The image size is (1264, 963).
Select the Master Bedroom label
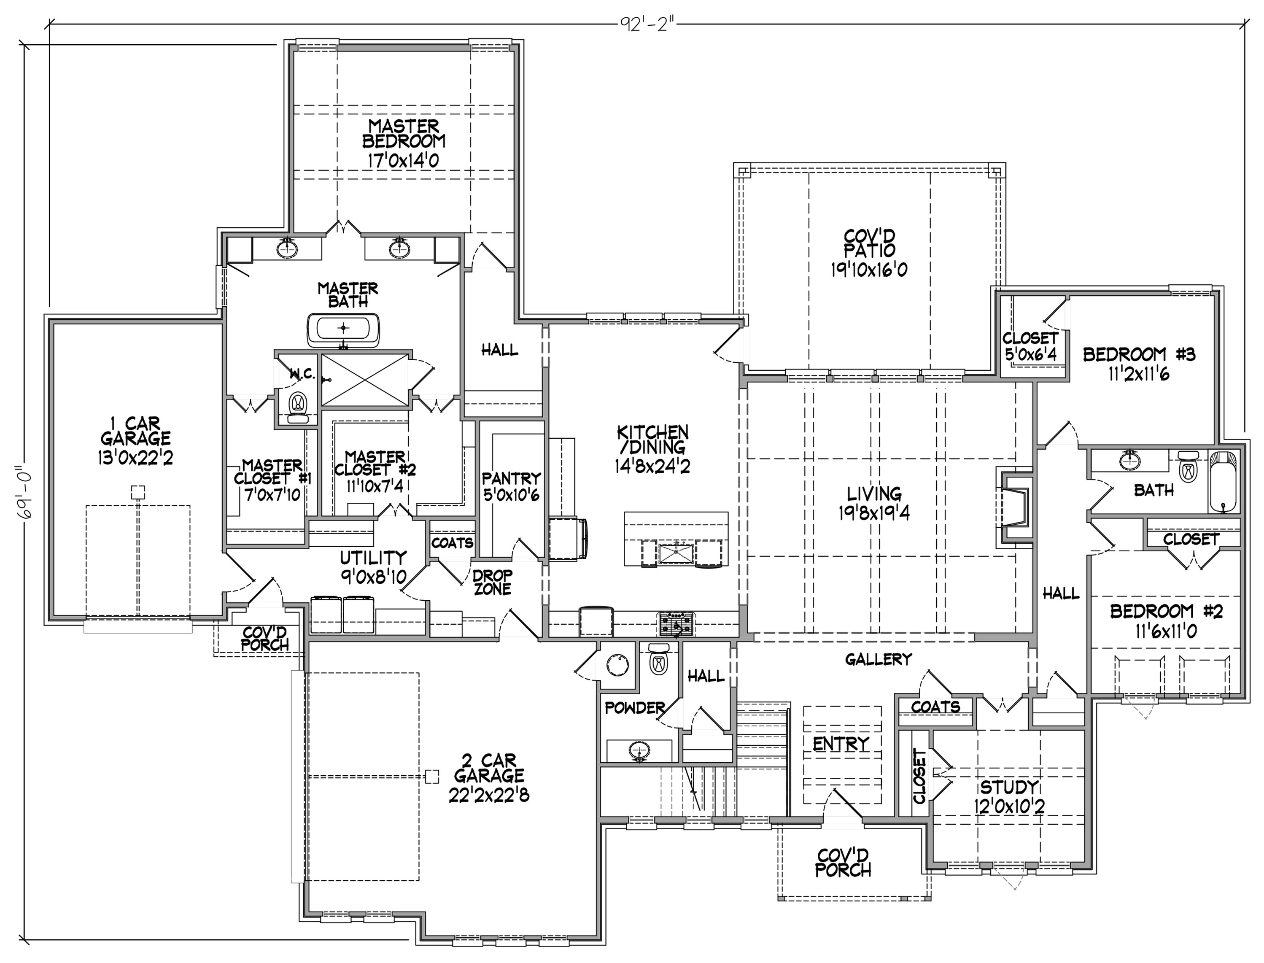404,134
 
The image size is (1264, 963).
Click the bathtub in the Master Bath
343,329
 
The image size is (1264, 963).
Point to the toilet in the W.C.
297,406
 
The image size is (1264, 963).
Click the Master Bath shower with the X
365,380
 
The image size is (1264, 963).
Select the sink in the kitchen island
676,554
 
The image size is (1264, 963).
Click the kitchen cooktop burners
676,624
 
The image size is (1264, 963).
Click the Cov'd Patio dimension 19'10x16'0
869,270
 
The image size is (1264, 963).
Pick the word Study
1009,787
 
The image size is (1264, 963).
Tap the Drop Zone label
492,581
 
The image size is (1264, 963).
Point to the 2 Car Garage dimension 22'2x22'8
489,795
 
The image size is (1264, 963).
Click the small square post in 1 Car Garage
137,492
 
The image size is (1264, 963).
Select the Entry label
841,744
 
